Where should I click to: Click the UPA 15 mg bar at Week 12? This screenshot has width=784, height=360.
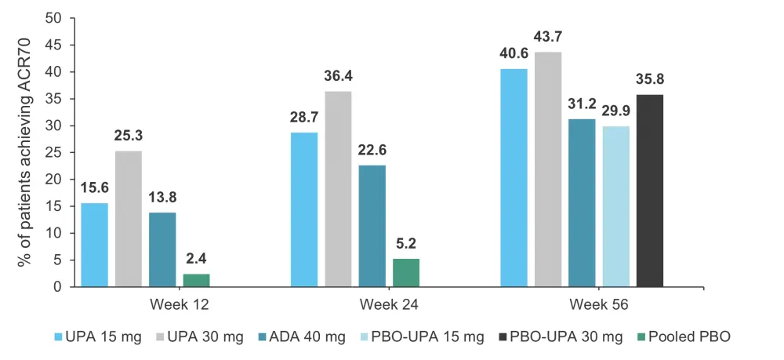pyautogui.click(x=94, y=245)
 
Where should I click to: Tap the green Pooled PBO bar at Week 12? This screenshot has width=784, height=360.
pyautogui.click(x=196, y=280)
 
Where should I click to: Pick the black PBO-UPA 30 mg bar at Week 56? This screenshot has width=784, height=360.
pyautogui.click(x=649, y=191)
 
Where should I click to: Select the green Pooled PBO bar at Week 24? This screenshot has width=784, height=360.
pyautogui.click(x=405, y=272)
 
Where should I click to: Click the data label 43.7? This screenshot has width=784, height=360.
pyautogui.click(x=548, y=38)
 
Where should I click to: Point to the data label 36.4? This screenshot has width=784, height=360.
pyautogui.click(x=338, y=77)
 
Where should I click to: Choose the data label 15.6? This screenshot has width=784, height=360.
pyautogui.click(x=94, y=189)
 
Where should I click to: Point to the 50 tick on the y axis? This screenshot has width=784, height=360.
pyautogui.click(x=55, y=18)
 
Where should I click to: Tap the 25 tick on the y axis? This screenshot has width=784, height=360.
pyautogui.click(x=55, y=152)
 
